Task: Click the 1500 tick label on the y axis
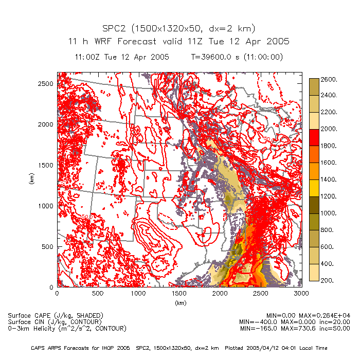click(46, 165)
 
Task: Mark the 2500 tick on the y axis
click(46, 83)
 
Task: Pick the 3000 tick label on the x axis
click(301, 294)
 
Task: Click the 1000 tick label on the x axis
click(138, 294)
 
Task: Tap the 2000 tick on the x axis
click(220, 294)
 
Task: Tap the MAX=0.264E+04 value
click(325, 315)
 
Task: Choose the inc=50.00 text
click(334, 328)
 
